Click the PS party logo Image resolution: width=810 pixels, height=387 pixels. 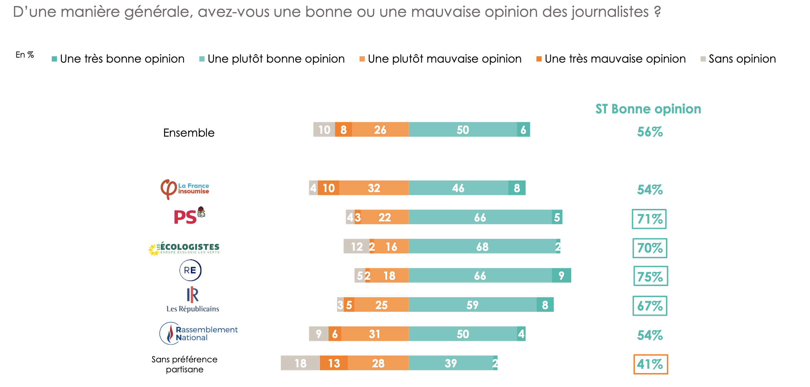(x=189, y=216)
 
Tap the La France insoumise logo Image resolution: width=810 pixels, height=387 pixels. (x=185, y=189)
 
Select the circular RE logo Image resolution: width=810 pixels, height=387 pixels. (x=190, y=270)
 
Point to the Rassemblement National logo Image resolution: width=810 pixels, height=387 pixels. (x=198, y=333)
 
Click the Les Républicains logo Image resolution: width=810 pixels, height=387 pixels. (x=193, y=300)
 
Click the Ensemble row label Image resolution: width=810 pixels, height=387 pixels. (x=189, y=133)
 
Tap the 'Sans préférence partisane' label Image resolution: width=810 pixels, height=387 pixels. (x=184, y=364)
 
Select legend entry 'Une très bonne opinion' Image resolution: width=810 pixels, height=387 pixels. (x=118, y=59)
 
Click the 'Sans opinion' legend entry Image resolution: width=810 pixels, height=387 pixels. (x=738, y=59)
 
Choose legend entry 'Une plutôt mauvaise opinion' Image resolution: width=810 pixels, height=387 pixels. (x=440, y=59)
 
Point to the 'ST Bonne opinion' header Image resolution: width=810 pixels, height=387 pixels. (x=648, y=109)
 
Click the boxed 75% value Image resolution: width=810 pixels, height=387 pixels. (x=650, y=276)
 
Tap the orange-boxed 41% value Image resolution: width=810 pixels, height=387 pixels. (x=650, y=364)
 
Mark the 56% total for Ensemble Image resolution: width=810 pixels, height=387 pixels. (x=650, y=132)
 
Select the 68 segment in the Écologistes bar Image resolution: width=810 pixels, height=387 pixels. (x=482, y=246)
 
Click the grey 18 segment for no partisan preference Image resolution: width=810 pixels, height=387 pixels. (x=300, y=363)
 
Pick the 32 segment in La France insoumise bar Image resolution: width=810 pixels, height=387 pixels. (x=374, y=188)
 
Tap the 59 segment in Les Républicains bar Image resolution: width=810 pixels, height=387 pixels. (x=472, y=305)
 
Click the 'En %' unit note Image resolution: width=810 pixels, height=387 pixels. (x=25, y=55)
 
